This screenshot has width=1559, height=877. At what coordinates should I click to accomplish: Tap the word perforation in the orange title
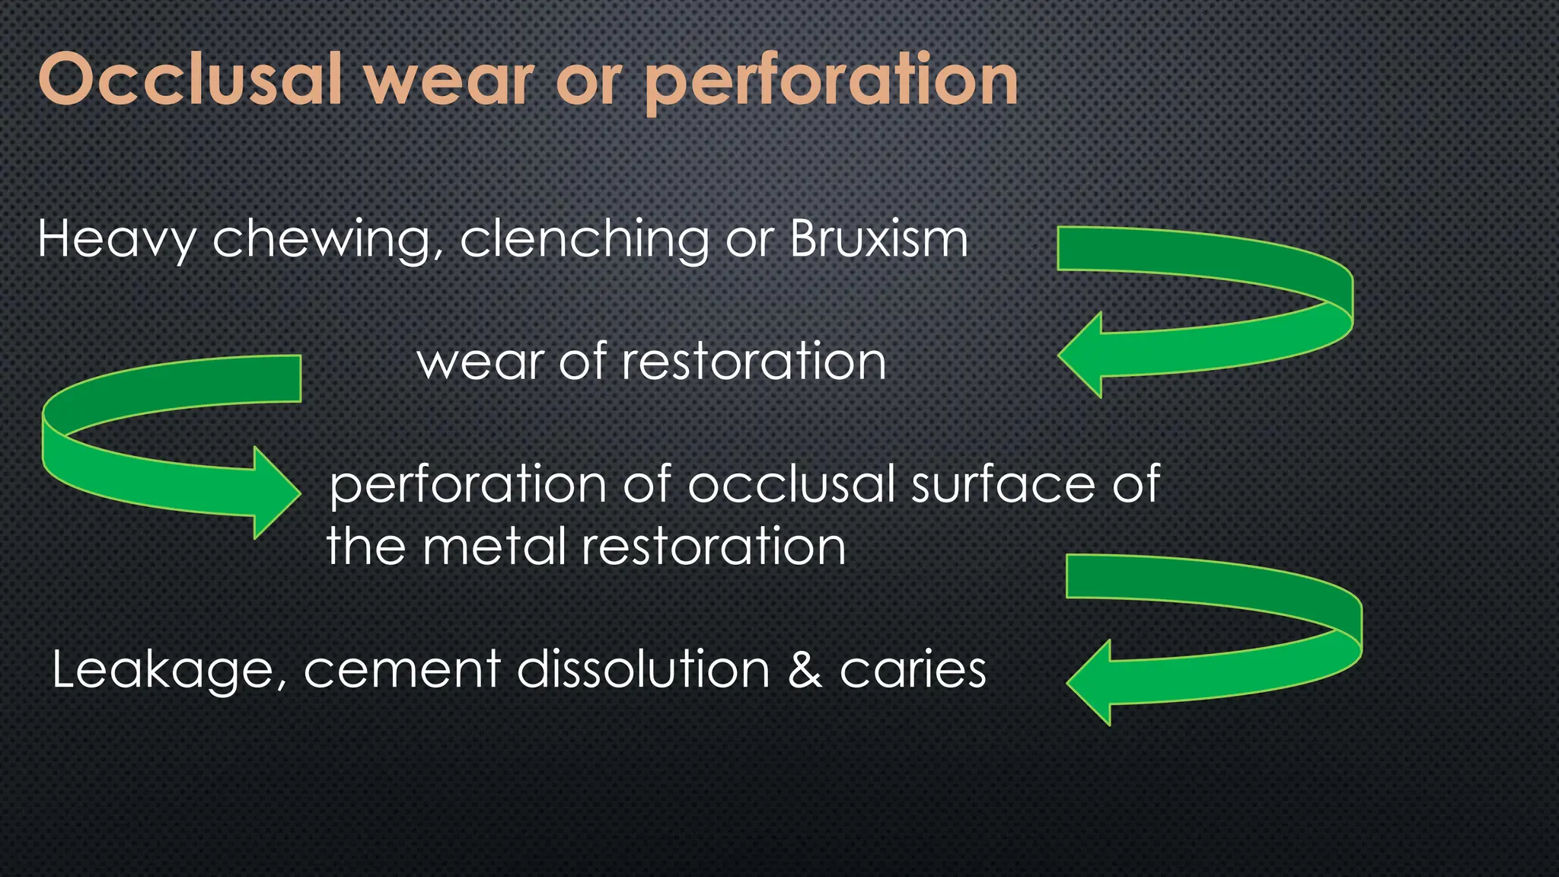click(831, 82)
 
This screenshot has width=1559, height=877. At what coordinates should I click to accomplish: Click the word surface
click(1005, 484)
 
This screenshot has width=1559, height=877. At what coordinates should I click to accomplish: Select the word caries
click(913, 670)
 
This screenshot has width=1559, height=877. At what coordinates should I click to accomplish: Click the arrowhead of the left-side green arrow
click(276, 493)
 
